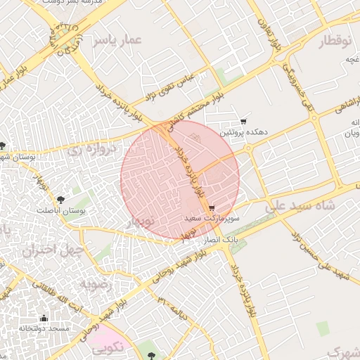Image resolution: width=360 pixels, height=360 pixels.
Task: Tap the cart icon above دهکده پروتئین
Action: coord(243,122)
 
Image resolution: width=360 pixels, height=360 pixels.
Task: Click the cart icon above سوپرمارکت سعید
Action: coord(212,208)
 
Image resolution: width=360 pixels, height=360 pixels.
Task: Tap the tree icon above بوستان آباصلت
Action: coord(60,200)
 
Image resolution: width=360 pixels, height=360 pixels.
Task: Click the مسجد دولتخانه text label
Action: coord(44,328)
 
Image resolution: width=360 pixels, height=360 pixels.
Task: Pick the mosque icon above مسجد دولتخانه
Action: coord(44,318)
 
